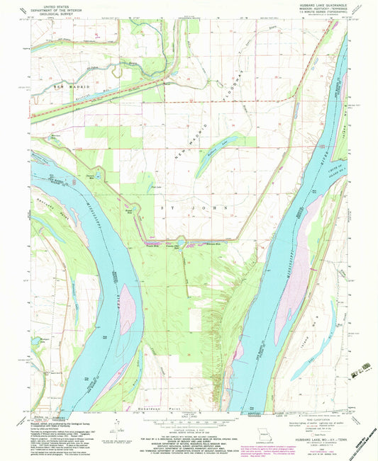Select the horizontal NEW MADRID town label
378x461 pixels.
point(69,85)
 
